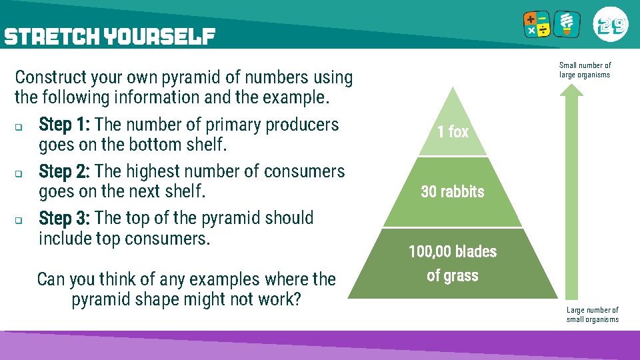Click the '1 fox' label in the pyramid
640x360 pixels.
point(453,132)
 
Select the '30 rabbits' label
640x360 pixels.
point(453,192)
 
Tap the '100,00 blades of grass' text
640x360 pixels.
point(453,263)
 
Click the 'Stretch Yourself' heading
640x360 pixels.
point(109,36)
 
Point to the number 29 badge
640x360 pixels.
point(610,25)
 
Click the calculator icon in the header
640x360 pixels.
point(537,25)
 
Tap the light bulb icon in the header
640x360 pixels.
point(568,24)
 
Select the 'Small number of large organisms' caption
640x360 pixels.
point(585,70)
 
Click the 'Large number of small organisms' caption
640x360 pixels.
point(592,315)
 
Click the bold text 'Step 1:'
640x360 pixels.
point(65,125)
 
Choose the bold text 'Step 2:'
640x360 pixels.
point(65,171)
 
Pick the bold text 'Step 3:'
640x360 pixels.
point(65,218)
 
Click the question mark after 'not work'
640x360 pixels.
point(297,299)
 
